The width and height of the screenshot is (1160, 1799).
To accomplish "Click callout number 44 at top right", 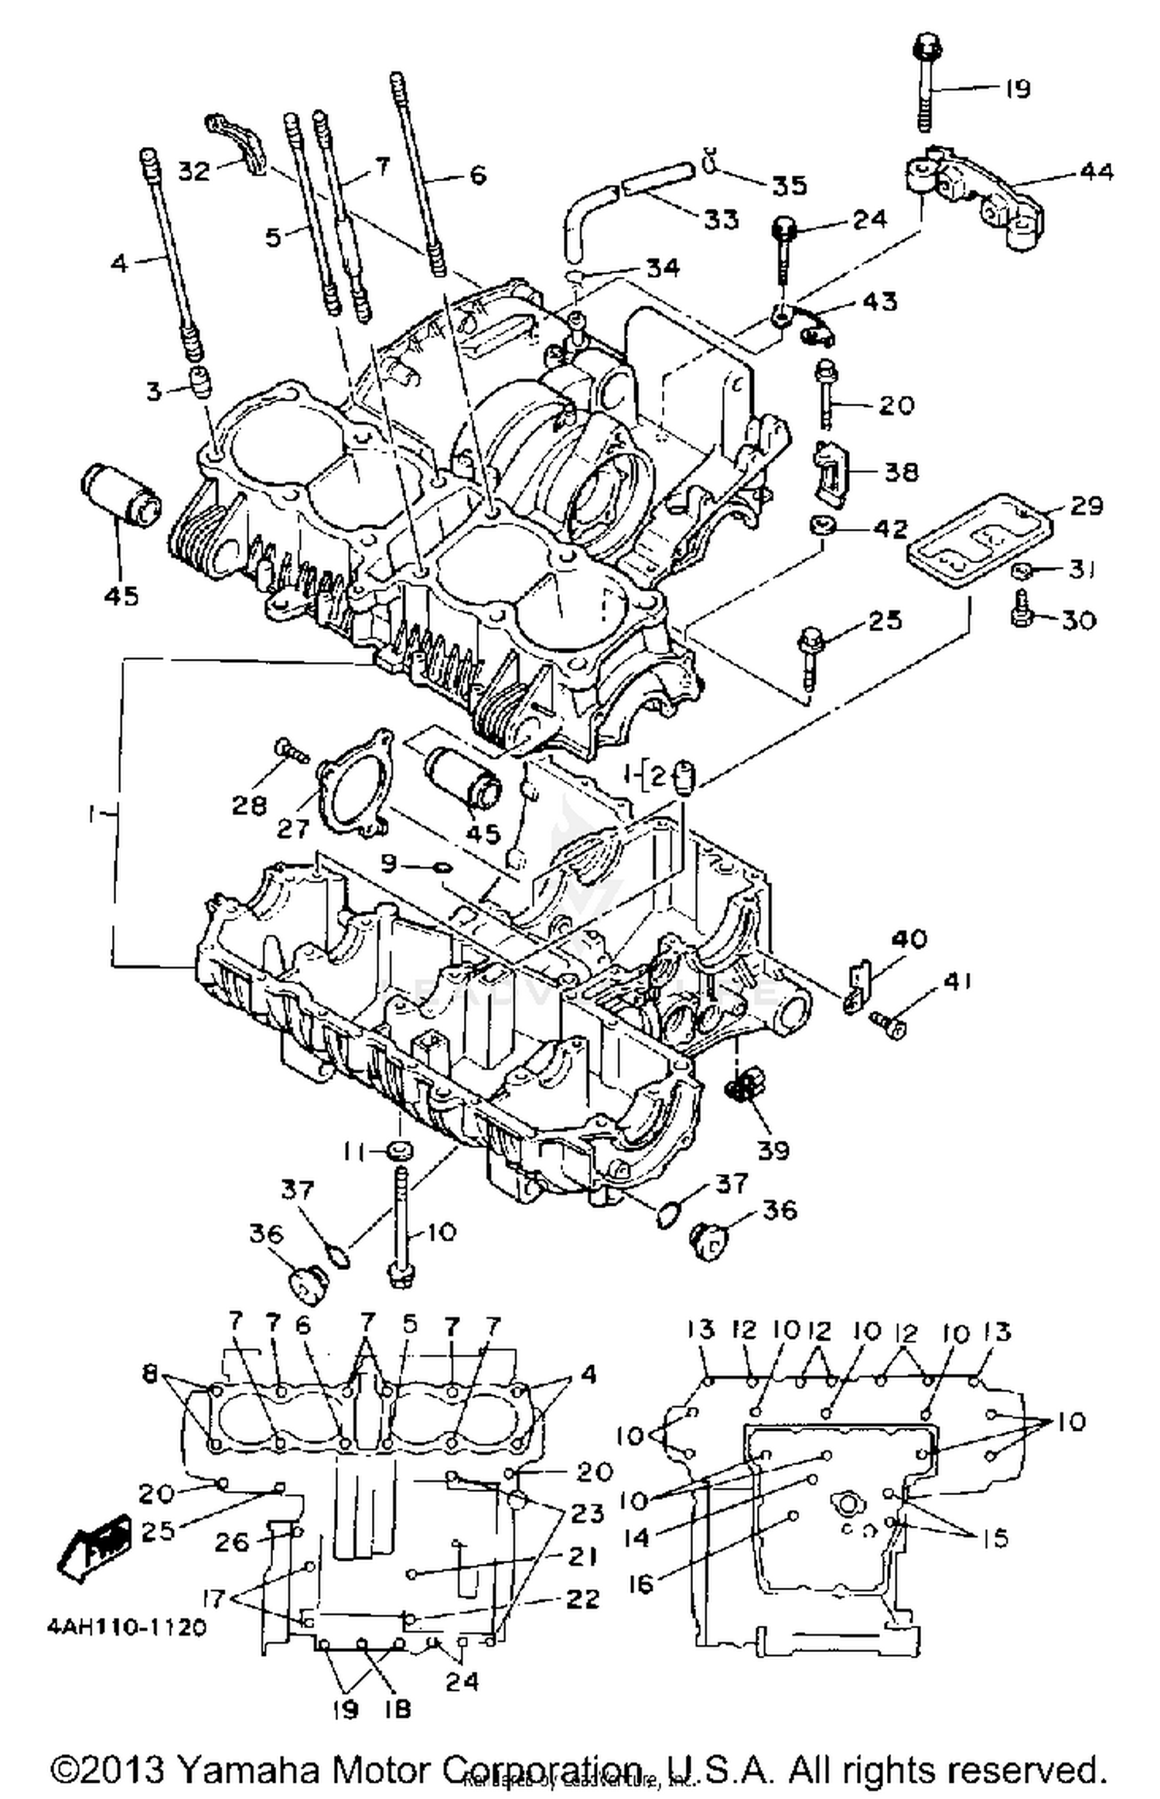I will [x=1096, y=171].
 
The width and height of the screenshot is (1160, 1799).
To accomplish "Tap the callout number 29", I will [x=1086, y=505].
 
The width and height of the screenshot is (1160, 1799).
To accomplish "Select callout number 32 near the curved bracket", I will [x=193, y=170].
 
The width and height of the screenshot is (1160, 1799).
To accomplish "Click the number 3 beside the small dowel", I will [x=154, y=391].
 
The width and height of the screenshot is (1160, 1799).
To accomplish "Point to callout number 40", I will [x=909, y=939].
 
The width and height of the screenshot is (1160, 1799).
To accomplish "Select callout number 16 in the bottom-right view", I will [x=641, y=1585].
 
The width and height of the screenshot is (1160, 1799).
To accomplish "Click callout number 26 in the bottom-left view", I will [x=231, y=1542].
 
